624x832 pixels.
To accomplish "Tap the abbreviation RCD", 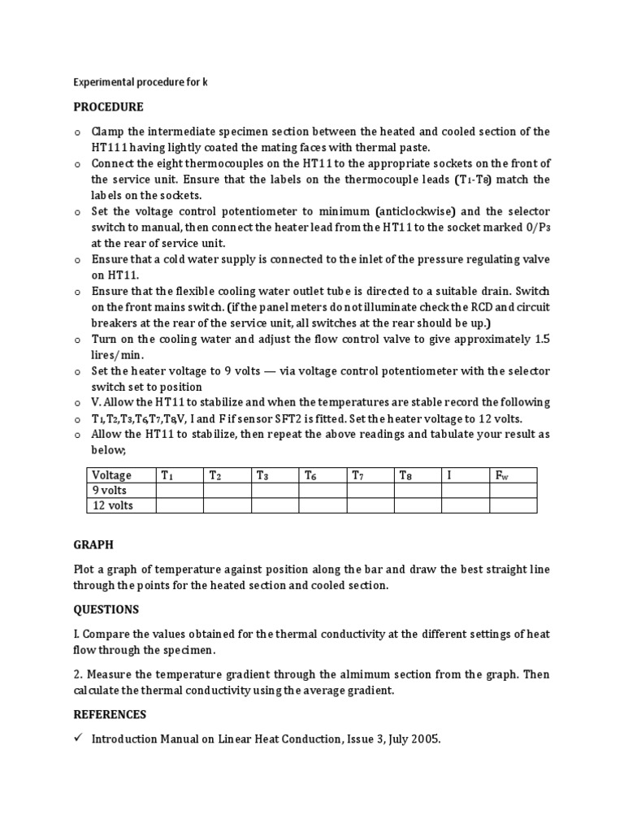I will click(461, 307).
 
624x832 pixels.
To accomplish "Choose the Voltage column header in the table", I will click(111, 475).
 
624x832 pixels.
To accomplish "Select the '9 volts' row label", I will click(110, 490).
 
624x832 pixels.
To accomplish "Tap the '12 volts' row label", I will click(113, 505).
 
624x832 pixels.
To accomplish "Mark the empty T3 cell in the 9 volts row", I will click(275, 490).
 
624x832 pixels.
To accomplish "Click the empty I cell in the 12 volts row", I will click(465, 505).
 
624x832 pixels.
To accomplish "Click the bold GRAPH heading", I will click(93, 545).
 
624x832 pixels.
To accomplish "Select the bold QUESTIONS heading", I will click(106, 609).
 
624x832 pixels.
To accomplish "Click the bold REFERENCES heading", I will click(110, 714).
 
